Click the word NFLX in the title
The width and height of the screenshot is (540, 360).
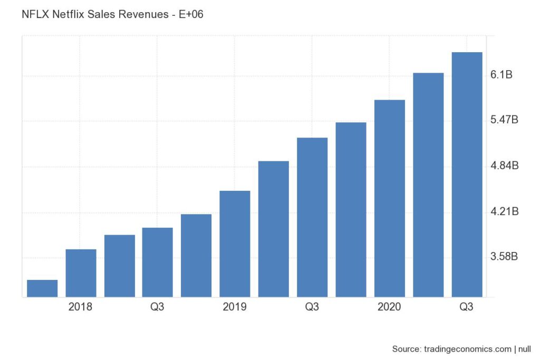(35, 15)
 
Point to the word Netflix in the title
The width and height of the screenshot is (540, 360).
(70, 15)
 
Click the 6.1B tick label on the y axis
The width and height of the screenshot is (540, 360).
(502, 75)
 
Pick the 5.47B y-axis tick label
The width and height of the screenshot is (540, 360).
(505, 121)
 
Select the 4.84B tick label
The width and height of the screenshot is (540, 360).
(505, 166)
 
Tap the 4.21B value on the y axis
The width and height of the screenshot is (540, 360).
(505, 212)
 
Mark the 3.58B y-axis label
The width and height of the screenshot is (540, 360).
(505, 257)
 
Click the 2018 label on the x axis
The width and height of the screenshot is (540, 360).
(81, 307)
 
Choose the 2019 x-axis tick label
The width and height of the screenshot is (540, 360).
(235, 307)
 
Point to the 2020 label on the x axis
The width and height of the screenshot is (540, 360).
(389, 307)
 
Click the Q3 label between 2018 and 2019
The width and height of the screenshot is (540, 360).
(157, 307)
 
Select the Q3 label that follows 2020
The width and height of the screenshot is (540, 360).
(466, 307)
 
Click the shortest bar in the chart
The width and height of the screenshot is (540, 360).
(42, 289)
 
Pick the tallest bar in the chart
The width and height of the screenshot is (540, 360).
(467, 174)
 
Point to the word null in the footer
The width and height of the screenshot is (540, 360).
(524, 349)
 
